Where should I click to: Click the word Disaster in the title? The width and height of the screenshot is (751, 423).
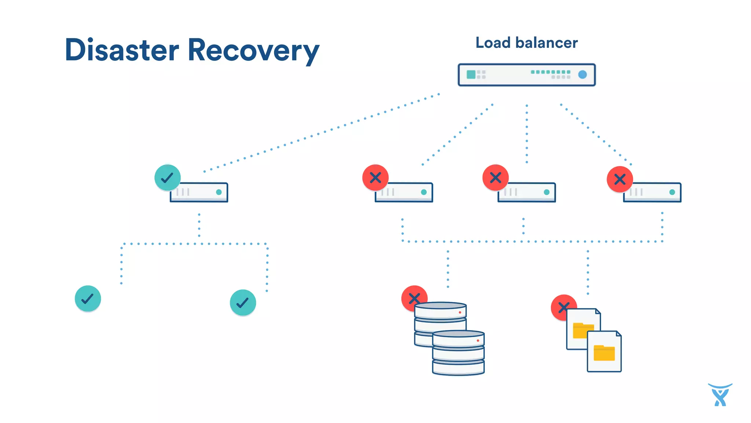(x=122, y=50)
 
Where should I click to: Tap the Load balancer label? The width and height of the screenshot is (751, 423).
(x=526, y=43)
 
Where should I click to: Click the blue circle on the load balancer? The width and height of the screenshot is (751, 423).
(x=582, y=75)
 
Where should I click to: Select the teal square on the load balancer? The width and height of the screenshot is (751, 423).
(x=471, y=75)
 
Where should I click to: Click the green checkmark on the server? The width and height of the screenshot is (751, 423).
(x=168, y=178)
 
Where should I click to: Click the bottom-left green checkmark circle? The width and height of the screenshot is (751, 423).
(x=88, y=299)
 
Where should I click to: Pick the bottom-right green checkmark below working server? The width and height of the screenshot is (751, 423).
(x=243, y=303)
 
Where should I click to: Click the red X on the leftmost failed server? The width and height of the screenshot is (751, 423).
(x=375, y=178)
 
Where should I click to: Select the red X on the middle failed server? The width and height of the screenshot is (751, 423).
(x=495, y=178)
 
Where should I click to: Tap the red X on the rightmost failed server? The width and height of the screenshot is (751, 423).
(x=620, y=179)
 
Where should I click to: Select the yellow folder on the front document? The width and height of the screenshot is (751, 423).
(x=604, y=353)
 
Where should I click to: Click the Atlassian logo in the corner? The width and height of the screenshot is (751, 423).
(x=720, y=395)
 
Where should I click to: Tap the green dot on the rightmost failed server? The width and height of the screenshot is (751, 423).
(x=672, y=192)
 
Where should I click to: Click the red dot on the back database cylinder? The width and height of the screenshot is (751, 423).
(x=460, y=312)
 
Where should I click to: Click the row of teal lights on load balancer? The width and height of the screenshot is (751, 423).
(x=550, y=72)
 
